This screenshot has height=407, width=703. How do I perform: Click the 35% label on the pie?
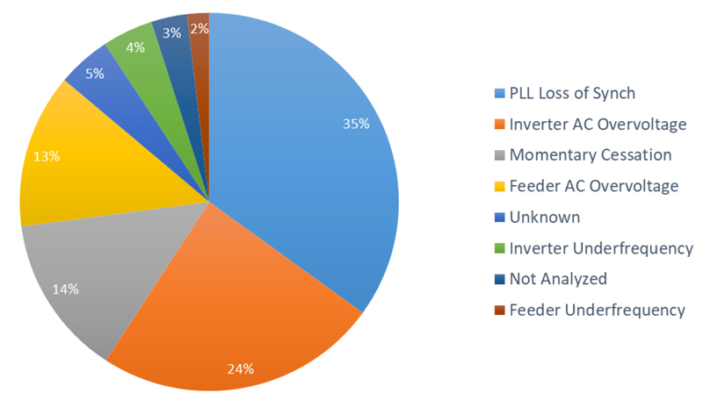[x=356, y=124]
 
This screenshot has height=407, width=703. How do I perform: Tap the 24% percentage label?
[x=241, y=368]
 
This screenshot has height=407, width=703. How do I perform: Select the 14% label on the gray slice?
[x=65, y=289]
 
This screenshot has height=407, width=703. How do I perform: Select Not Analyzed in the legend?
[x=557, y=279]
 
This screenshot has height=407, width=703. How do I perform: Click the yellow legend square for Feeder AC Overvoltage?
[x=499, y=187]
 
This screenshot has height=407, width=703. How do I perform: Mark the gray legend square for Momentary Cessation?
[x=499, y=156]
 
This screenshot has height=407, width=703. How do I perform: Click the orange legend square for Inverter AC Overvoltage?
[x=499, y=125]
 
